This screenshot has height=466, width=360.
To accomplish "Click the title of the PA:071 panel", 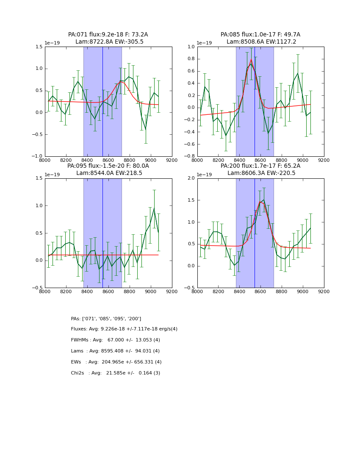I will click(x=108, y=38).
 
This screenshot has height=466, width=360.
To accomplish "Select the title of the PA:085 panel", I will click(x=260, y=38).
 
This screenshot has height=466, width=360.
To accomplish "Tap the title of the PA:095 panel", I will click(x=108, y=169).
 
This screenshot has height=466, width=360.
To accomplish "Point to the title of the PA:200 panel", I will click(x=260, y=169).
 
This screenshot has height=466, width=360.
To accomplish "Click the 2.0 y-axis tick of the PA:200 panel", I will click(x=191, y=178).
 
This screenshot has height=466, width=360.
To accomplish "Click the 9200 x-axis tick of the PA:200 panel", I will click(x=324, y=291).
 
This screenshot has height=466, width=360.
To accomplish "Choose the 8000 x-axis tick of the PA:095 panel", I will click(x=45, y=291).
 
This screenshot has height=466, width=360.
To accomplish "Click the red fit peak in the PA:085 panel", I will click(x=251, y=60).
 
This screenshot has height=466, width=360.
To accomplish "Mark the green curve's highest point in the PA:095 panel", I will click(x=154, y=208).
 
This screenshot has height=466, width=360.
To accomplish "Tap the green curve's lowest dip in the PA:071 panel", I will click(x=146, y=129).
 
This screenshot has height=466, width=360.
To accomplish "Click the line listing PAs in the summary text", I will click(x=106, y=319).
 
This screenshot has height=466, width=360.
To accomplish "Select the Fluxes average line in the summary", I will click(x=124, y=329).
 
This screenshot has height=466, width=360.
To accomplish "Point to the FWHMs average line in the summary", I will click(x=115, y=340).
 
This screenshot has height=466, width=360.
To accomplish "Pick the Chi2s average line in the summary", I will click(x=115, y=373).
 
